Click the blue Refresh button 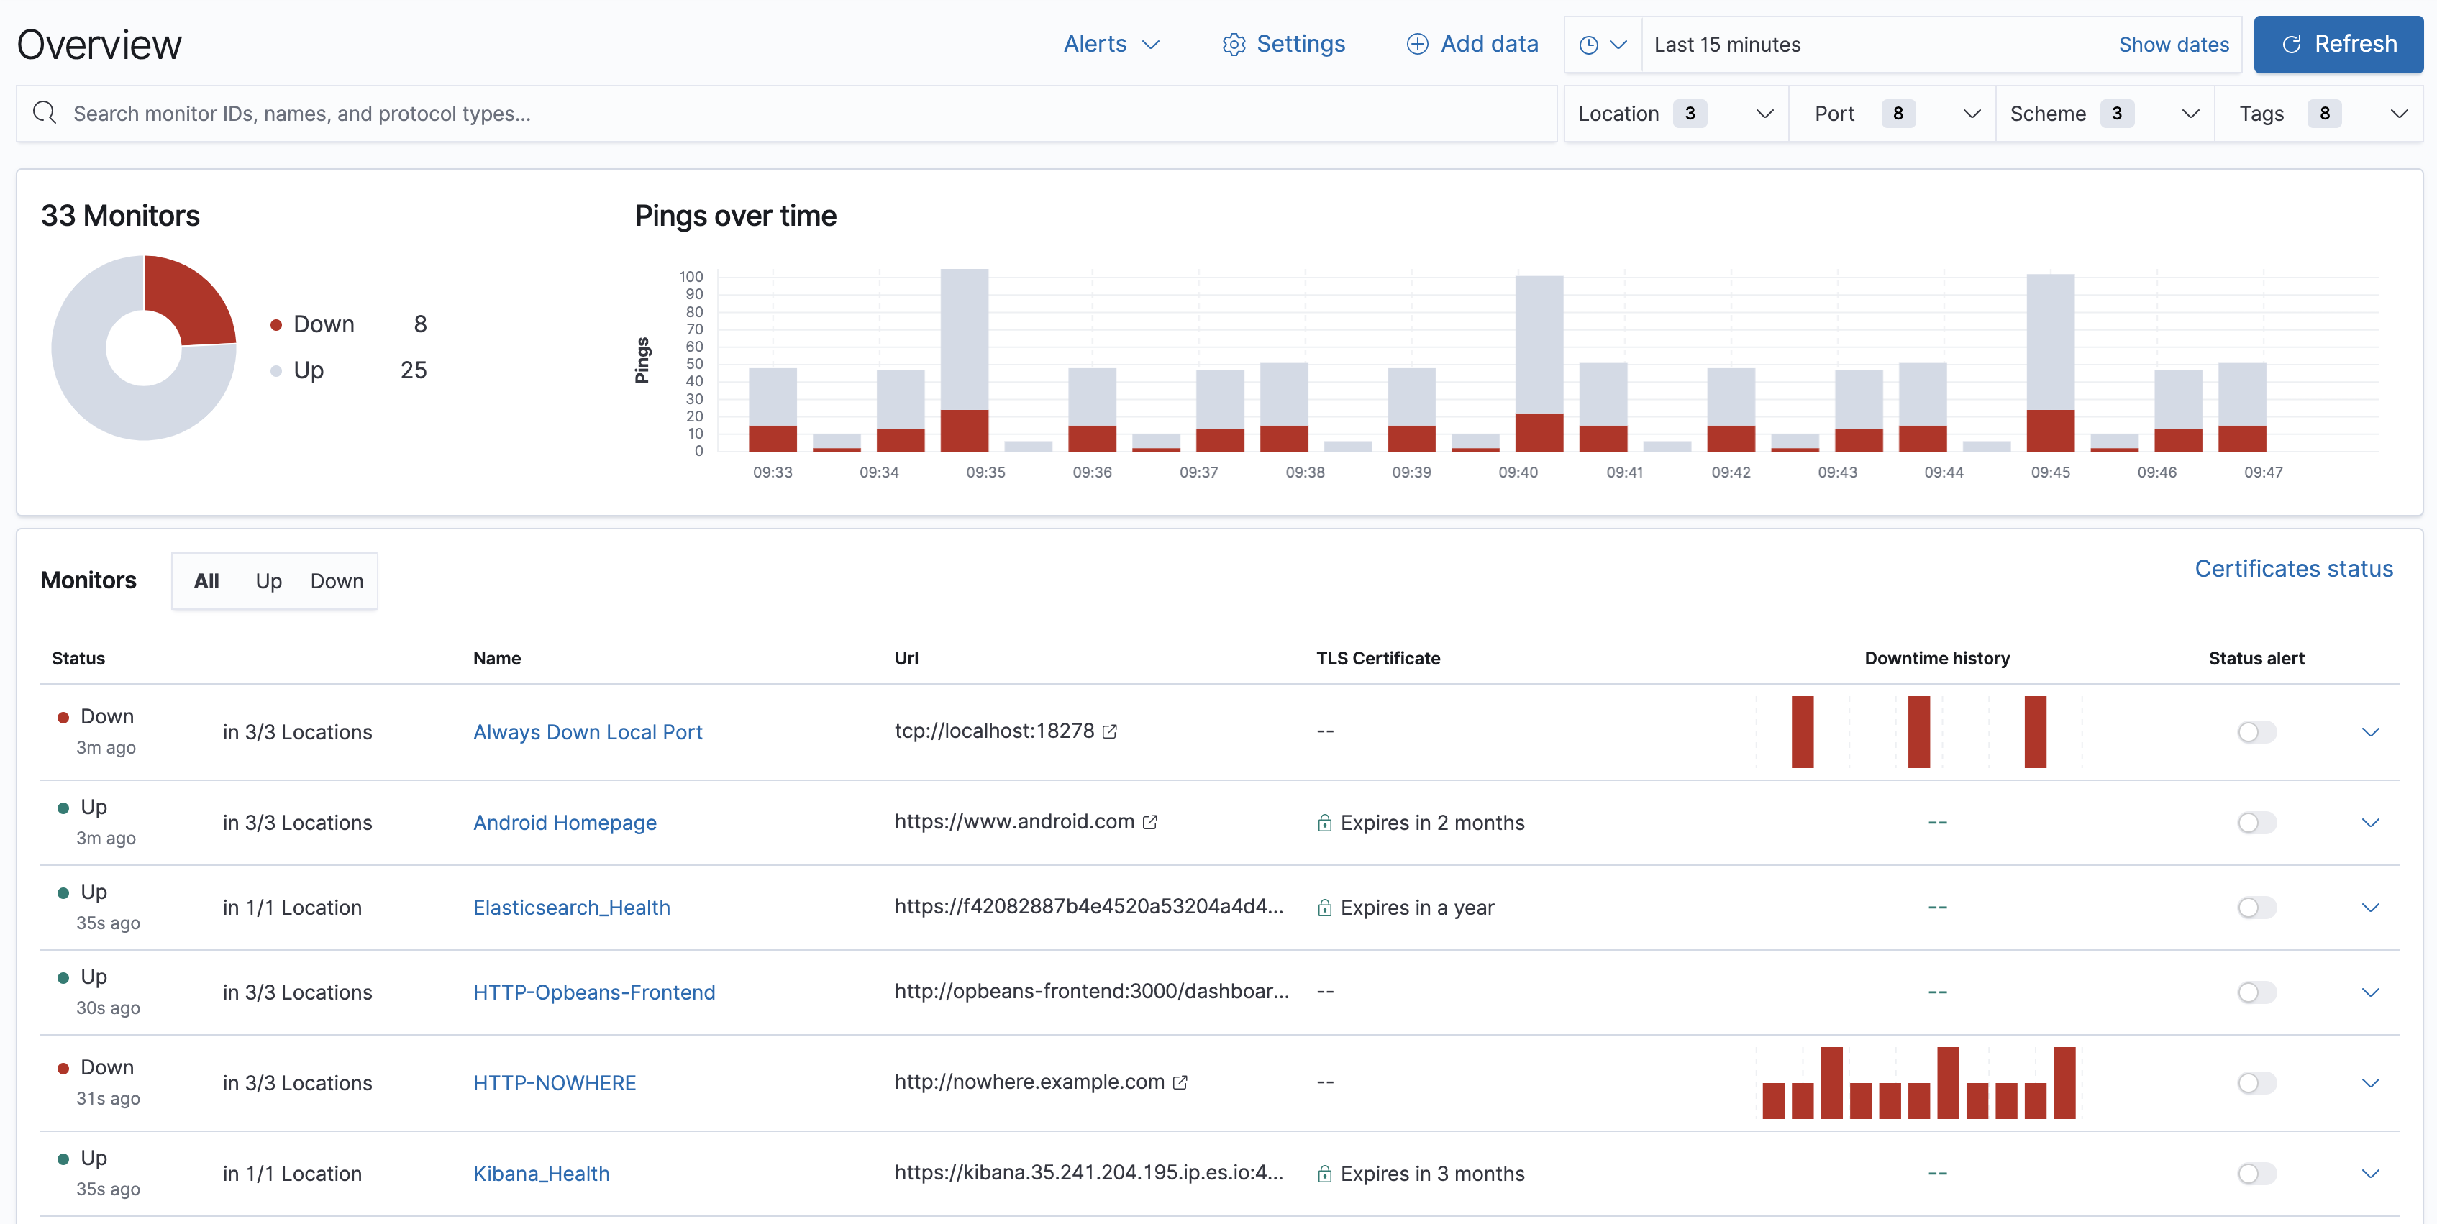[2338, 45]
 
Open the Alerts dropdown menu [1111, 45]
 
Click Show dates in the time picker [2172, 45]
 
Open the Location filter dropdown [1675, 114]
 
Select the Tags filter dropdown [2318, 114]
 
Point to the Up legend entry [309, 370]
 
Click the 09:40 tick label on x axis [1518, 472]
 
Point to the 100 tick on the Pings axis [691, 276]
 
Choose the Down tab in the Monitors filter [336, 581]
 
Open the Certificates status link [2292, 568]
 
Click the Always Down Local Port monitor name [588, 731]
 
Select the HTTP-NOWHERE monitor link [555, 1082]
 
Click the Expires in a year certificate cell [1416, 907]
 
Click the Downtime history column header [1936, 658]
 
